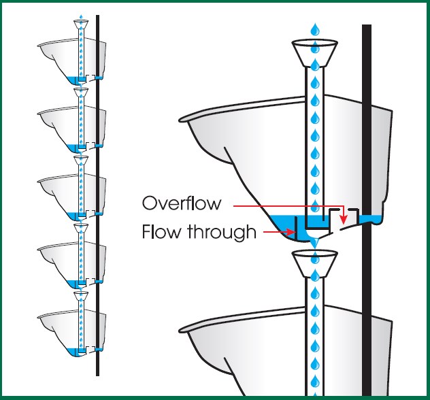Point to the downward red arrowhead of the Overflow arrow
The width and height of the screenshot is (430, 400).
click(x=344, y=218)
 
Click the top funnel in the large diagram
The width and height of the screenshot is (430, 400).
click(x=315, y=52)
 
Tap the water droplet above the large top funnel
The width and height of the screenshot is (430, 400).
click(x=315, y=29)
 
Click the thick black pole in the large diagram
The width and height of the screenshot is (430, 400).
click(x=367, y=136)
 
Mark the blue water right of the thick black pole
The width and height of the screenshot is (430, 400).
click(x=377, y=219)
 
